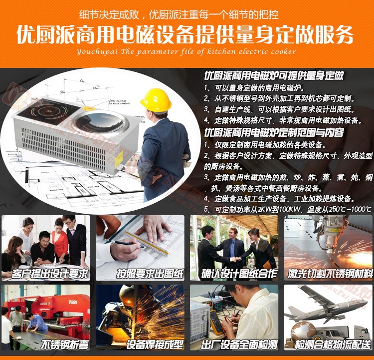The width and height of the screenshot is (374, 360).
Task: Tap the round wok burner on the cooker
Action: pos(100,122)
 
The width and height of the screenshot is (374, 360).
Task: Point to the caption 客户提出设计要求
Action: pos(49,274)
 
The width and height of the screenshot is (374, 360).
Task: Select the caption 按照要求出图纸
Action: pos(150,274)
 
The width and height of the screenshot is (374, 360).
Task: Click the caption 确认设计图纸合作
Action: pos(239,274)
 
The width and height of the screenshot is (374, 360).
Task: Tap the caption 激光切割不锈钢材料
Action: pos(330,274)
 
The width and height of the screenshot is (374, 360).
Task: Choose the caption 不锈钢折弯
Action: pos(64,344)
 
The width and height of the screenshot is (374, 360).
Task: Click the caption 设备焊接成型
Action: pos(155,344)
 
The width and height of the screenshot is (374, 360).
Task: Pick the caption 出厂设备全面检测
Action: pos(239,344)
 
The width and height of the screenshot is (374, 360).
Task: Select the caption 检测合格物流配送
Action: pos(333,344)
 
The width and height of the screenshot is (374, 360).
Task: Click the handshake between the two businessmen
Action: pos(236,259)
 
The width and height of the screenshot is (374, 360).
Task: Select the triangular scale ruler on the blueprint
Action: pos(148,243)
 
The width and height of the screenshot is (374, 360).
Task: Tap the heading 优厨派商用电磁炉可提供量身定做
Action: pos(274,75)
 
